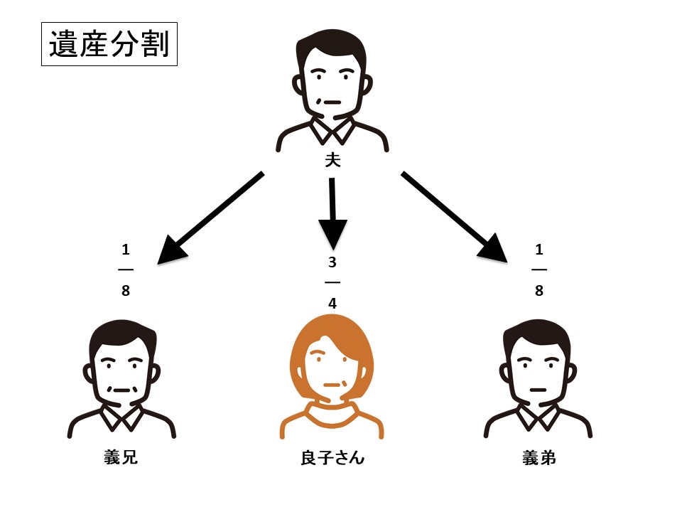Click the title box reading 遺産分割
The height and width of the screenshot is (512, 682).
[109, 46]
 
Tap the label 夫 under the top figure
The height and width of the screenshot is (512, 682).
[332, 161]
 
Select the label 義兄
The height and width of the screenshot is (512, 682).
[121, 457]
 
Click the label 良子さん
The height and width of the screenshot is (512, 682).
[332, 457]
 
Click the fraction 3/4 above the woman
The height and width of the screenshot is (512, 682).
[332, 282]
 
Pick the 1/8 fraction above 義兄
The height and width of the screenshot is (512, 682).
[126, 270]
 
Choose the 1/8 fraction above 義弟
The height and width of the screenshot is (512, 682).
[538, 270]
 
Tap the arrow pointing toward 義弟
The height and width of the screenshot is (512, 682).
[455, 218]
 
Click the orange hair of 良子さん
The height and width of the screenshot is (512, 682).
[332, 334]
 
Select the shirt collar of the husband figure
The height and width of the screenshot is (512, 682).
[332, 130]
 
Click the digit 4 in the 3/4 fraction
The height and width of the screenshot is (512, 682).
[332, 303]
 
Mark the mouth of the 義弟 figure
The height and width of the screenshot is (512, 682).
[538, 390]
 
